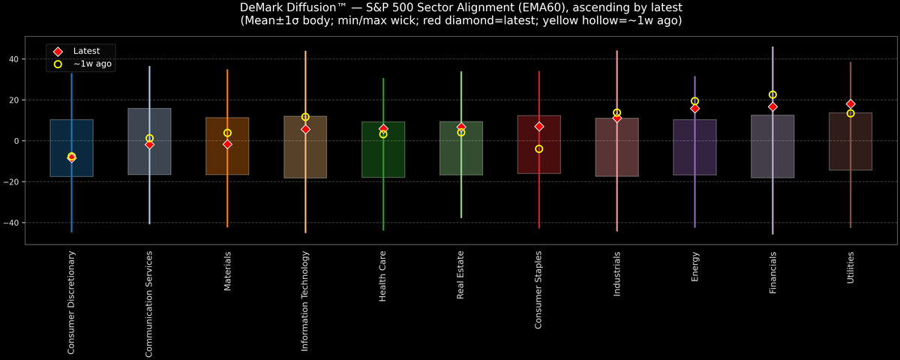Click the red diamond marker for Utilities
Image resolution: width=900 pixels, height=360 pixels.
point(850,104)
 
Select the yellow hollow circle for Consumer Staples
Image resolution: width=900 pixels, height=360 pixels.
point(539,149)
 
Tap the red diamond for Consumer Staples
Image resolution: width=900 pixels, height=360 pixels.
point(539,127)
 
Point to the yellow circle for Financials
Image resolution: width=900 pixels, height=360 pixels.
point(772,95)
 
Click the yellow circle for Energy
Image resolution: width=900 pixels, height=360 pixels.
point(694,101)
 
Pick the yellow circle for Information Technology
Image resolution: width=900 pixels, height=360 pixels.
point(305,117)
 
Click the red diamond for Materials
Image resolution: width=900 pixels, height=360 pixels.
point(227,144)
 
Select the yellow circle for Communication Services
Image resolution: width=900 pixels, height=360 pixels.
point(149,139)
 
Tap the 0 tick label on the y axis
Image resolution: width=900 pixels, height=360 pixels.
point(17,141)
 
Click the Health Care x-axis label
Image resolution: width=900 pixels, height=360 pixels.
point(383,277)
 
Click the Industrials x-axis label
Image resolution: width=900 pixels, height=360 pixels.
point(617,274)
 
